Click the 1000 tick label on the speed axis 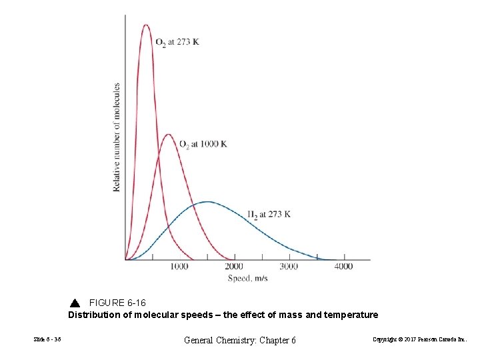[179, 267]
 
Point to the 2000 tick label [234, 267]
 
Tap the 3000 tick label [289, 267]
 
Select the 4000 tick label [343, 267]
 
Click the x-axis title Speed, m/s [247, 278]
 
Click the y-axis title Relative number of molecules [117, 137]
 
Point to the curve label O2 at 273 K [177, 42]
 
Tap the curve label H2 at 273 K [269, 214]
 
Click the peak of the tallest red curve [146, 25]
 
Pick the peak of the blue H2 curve [208, 201]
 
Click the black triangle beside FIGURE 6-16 [75, 303]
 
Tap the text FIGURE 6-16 [117, 303]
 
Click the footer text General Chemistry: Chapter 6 [239, 340]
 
